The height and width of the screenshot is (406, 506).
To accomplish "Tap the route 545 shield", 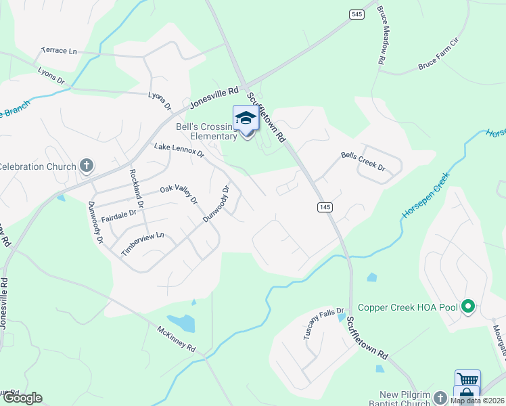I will (x=356, y=14).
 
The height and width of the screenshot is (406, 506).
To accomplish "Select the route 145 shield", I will (x=325, y=207).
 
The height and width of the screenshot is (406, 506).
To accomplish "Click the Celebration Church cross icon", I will (x=86, y=166).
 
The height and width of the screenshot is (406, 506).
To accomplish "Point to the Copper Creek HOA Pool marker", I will (x=467, y=307).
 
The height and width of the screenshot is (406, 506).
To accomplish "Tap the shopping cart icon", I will (x=467, y=380).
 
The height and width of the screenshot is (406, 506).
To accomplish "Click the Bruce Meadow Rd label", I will (x=381, y=46).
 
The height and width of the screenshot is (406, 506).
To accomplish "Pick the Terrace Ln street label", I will (x=60, y=51).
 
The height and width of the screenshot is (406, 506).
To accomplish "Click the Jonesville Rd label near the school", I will (x=214, y=98).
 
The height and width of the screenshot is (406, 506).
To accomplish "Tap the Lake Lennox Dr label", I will (x=179, y=150).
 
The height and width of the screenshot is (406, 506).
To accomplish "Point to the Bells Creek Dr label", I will (x=363, y=161).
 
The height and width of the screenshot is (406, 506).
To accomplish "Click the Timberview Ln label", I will (x=143, y=244).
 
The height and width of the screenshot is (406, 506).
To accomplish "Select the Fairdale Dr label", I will (x=118, y=216).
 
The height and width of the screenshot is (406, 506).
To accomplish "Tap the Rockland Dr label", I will (x=136, y=188).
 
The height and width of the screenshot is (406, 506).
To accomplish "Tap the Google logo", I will (x=22, y=398).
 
